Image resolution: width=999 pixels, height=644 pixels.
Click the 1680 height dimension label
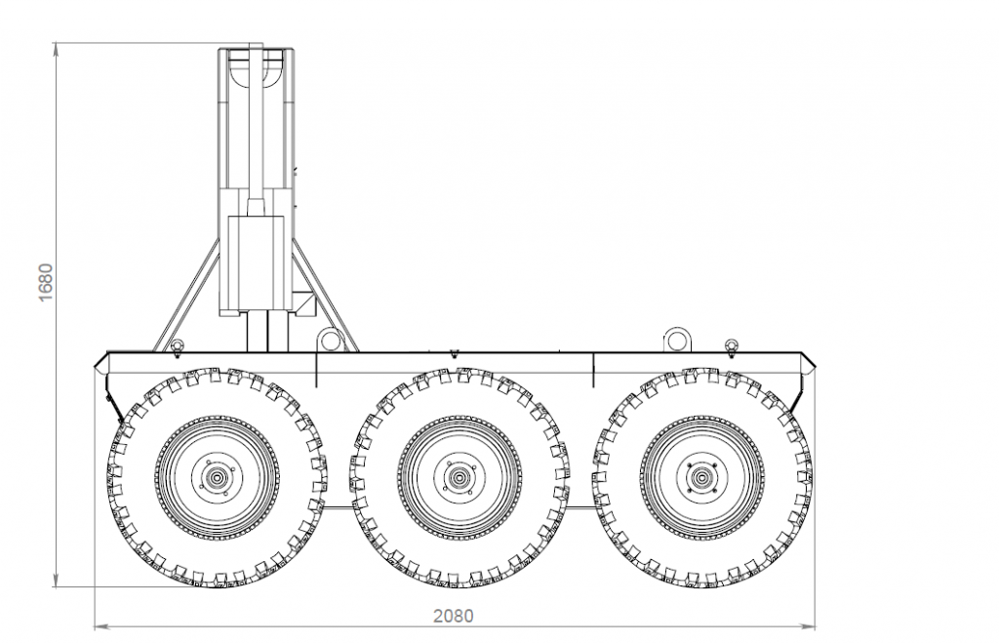point(46,282)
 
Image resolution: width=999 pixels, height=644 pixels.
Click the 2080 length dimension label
point(454,616)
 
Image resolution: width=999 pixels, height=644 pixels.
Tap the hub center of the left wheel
point(218,477)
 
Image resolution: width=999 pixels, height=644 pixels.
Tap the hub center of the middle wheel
point(459,477)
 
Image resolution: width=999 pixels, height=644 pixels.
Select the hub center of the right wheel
point(701,477)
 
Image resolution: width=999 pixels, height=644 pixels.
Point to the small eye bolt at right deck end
point(732,345)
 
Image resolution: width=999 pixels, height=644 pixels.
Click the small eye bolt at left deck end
point(178,345)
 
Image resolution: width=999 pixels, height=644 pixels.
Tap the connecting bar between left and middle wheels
point(338,507)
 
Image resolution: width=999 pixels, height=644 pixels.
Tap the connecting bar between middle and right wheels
point(580,507)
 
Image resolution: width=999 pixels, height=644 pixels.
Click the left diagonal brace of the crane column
point(187,295)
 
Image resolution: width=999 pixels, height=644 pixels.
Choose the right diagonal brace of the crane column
point(325,295)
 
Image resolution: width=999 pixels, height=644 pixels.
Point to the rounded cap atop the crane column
point(256,66)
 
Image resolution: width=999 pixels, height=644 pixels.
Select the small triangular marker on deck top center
point(454,353)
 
